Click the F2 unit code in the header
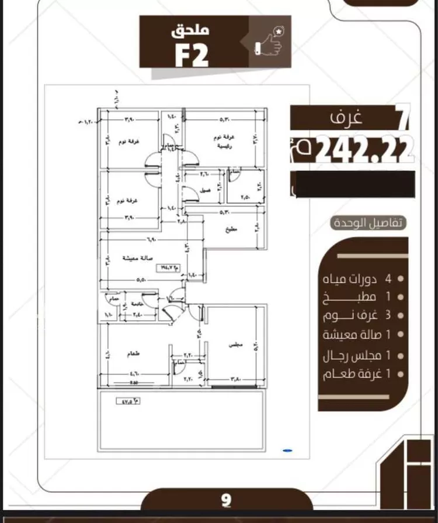(192, 54)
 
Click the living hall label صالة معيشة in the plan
(138, 257)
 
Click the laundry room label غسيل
(206, 190)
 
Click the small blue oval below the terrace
(287, 450)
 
